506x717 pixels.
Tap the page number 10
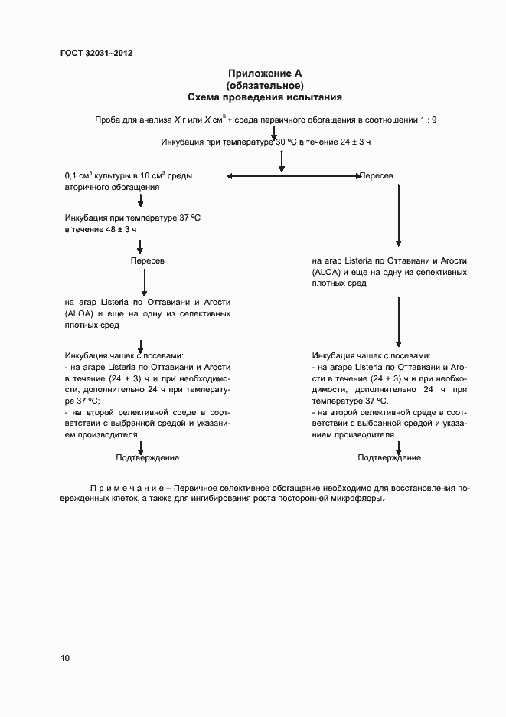coord(65,658)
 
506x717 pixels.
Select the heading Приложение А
coord(264,74)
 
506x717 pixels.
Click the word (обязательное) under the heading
coord(265,85)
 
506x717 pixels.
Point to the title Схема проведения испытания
coord(265,97)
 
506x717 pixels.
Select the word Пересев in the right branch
coord(377,176)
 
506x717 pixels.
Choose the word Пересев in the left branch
coord(147,260)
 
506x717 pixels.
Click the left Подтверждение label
coord(147,457)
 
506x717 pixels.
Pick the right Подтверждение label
coord(389,457)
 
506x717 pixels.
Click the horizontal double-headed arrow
coord(294,177)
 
